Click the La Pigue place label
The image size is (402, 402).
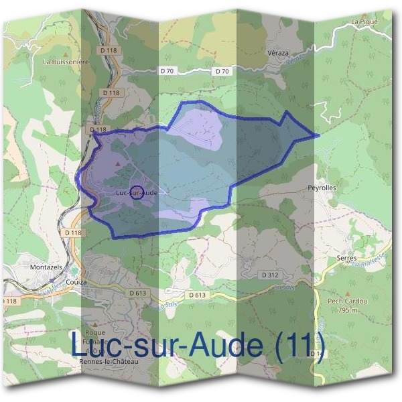point(364,22)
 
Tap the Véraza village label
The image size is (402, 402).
point(277,53)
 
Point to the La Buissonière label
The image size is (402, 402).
point(66,61)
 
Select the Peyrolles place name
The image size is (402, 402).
point(322,188)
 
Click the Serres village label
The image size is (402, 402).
point(346,258)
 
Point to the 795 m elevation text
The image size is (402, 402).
point(346,310)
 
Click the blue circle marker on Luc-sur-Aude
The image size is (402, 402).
point(136,192)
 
